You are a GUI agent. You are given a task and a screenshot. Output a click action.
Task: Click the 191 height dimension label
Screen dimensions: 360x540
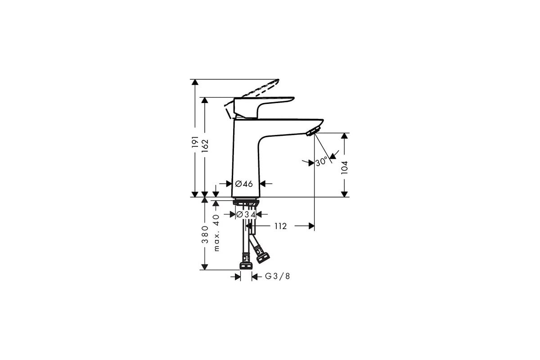coord(195,142)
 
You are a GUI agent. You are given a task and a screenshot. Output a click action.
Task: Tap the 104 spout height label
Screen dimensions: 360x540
coord(345,167)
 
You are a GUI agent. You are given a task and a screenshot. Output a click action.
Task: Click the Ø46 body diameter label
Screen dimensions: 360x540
coord(244,184)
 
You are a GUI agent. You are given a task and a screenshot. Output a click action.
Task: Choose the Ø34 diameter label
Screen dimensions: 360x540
coord(246,215)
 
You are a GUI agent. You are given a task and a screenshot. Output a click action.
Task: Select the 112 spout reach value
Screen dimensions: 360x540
coord(280,226)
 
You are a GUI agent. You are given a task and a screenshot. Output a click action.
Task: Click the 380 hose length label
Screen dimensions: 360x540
coord(205,234)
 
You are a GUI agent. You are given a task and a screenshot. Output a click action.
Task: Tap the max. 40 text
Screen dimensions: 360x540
coord(216,233)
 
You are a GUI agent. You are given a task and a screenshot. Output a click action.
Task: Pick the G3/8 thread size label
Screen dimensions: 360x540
coord(277,276)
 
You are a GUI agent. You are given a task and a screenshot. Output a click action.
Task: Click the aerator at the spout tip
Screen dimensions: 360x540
coord(312,131)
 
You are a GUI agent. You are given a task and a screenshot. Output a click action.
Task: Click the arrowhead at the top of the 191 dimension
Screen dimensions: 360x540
coord(194,83)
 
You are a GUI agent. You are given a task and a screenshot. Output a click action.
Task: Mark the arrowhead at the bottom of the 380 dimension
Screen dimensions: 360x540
coord(205,266)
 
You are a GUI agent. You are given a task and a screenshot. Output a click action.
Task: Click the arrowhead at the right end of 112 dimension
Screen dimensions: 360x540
coord(310,226)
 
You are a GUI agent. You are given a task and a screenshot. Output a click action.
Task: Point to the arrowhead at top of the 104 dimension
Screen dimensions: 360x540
coord(345,136)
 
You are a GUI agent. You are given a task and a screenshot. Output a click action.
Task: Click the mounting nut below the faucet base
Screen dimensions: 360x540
coord(245,203)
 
